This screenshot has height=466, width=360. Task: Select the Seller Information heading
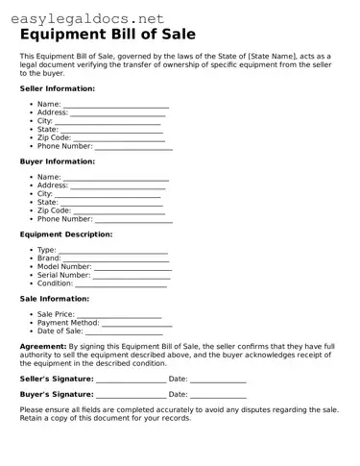58,88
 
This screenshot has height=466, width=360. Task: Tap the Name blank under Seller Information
115,105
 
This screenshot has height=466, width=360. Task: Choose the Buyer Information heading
57,161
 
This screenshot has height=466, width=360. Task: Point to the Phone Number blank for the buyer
133,220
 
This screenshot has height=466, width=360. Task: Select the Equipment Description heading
66,234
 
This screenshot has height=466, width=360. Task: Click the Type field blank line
113,251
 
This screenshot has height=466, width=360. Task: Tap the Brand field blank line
116,259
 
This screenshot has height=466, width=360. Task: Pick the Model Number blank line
132,268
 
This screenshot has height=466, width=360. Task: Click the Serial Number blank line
132,277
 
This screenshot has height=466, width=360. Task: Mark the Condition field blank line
121,285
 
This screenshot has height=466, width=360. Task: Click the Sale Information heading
55,300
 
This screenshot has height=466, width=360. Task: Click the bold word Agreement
43,346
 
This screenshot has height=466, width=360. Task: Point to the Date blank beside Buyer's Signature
218,396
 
